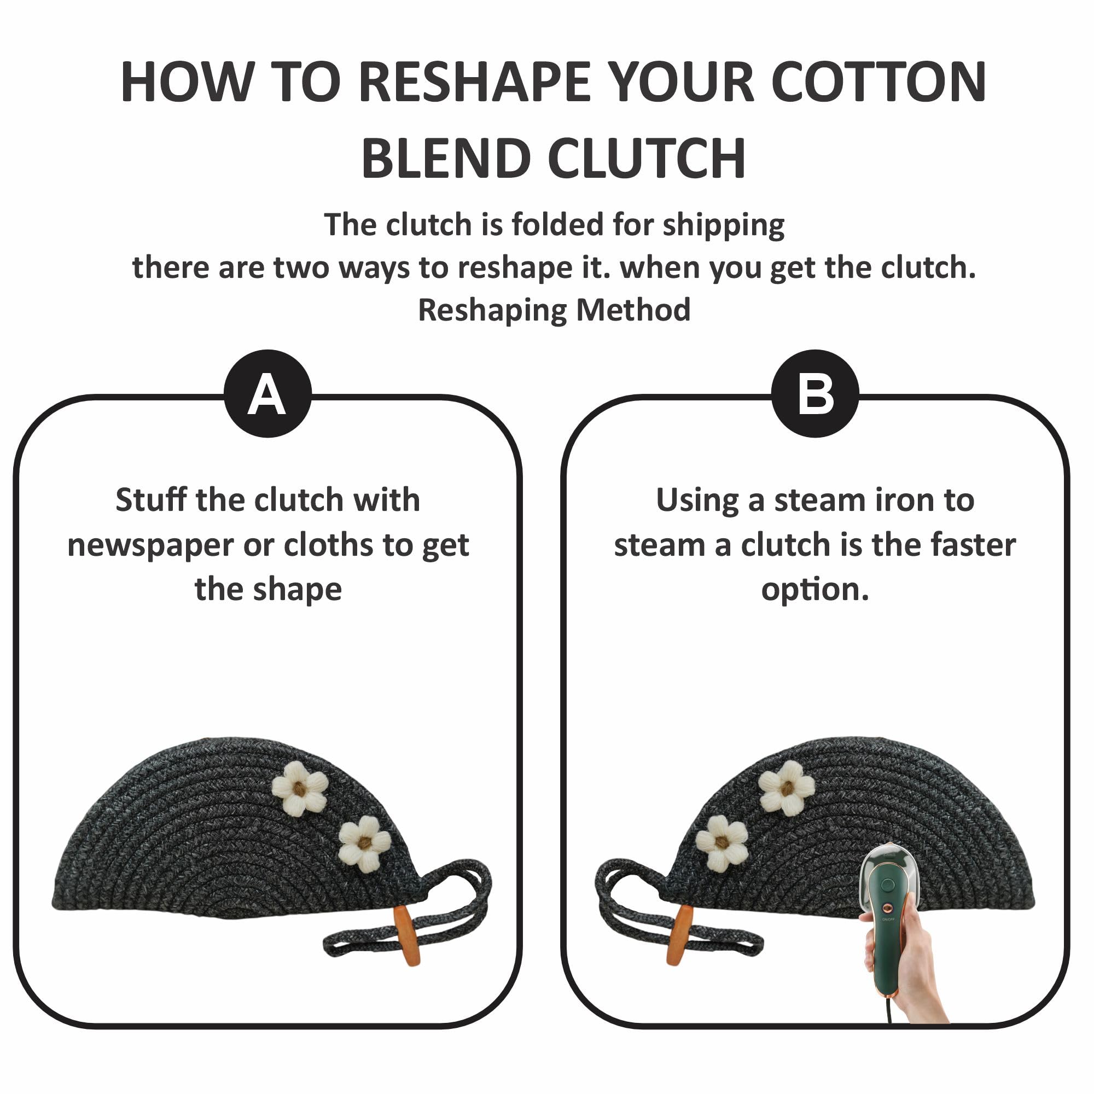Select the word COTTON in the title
pos(880,83)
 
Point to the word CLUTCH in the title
pos(646,159)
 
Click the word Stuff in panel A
pos(151,500)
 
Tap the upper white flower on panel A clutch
pos(300,788)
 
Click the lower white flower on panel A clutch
pos(365,843)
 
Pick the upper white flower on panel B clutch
pos(787,787)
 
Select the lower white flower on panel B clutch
pos(722,842)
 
